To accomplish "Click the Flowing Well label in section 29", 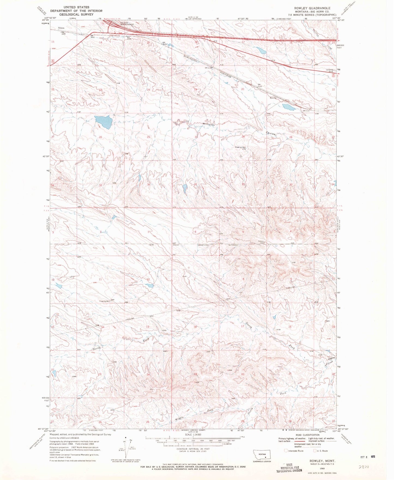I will (x=241, y=148).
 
